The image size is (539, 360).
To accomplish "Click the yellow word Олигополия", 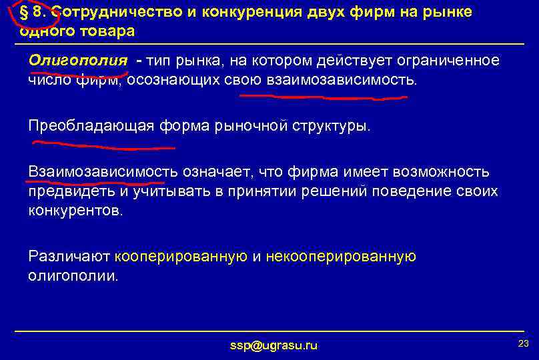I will (x=77, y=61).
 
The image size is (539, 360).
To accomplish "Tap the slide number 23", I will (x=523, y=343).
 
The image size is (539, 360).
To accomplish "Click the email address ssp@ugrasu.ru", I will (x=274, y=345).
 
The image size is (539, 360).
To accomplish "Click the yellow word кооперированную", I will (x=181, y=257).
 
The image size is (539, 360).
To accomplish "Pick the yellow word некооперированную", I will (x=341, y=257).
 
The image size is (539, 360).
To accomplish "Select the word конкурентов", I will (x=75, y=211).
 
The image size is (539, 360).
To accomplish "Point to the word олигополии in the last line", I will (x=73, y=275).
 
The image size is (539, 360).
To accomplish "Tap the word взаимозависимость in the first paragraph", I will (x=341, y=80).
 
